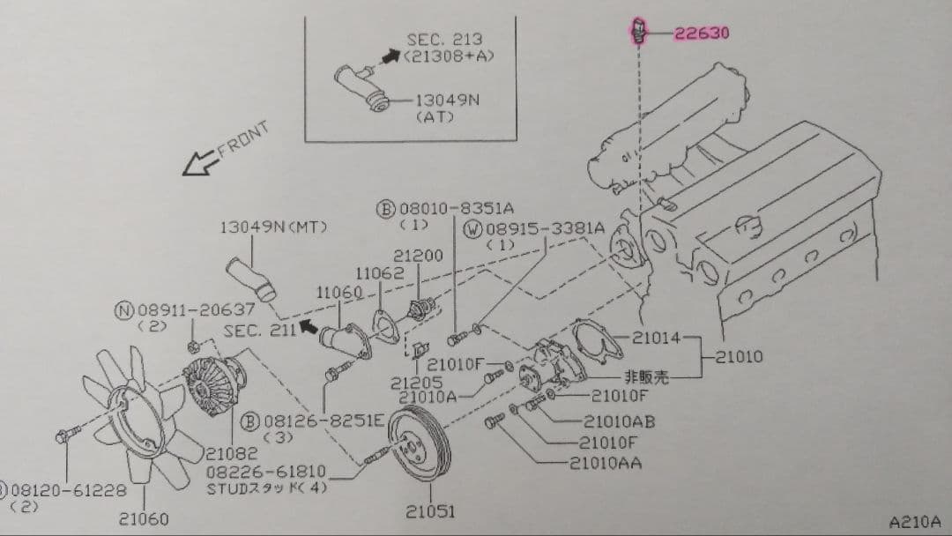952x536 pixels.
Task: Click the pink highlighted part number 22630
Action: coord(702,34)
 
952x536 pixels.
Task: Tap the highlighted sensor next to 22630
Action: coord(642,32)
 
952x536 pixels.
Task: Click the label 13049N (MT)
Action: coord(274,227)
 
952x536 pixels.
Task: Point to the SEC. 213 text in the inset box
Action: coord(444,40)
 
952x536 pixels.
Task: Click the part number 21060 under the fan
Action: coord(144,519)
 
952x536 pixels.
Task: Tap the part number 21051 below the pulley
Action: coord(431,510)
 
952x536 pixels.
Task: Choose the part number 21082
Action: coord(233,454)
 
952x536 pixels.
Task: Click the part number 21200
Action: coord(417,255)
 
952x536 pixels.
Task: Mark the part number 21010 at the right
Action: coord(739,357)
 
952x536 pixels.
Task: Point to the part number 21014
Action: coord(657,337)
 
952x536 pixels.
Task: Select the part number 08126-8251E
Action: coord(325,421)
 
